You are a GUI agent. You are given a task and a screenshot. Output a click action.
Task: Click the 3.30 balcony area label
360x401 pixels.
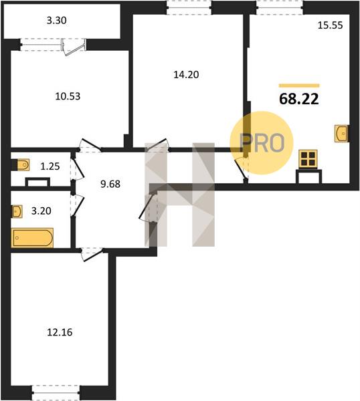[57, 21]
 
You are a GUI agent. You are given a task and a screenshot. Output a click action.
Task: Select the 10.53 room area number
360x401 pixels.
[68, 96]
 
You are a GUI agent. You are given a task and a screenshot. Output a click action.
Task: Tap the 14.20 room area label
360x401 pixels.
[186, 75]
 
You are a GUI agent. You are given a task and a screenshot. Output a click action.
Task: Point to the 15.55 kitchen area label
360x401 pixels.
[330, 25]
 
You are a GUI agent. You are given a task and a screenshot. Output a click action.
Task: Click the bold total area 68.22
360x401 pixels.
[299, 99]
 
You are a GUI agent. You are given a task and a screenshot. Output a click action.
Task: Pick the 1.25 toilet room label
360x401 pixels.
[50, 166]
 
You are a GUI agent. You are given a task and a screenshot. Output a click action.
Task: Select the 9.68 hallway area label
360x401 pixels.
[110, 184]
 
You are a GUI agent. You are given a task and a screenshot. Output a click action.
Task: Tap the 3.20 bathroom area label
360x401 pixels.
[41, 211]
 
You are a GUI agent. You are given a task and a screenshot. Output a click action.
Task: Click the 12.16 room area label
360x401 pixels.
[60, 332]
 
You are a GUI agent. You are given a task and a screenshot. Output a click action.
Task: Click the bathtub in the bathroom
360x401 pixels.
[32, 238]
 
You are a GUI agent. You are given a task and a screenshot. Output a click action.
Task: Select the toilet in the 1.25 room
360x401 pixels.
[23, 165]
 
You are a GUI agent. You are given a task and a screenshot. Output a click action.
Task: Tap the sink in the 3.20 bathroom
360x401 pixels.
[17, 211]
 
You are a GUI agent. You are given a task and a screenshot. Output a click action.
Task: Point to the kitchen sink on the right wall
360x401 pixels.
[341, 133]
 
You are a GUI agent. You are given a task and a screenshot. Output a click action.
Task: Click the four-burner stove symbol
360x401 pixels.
[308, 159]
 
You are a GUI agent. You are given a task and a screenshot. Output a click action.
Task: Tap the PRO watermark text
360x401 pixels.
[262, 143]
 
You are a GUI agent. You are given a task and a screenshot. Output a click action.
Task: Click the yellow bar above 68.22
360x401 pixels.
[299, 86]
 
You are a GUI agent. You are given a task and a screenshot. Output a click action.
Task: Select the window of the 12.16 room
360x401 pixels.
[56, 392]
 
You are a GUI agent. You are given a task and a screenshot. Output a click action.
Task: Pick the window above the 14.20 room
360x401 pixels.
[189, 8]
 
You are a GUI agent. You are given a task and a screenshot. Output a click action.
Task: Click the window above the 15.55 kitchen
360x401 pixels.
[280, 8]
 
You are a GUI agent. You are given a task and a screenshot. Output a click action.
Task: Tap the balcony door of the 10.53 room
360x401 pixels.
[74, 47]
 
